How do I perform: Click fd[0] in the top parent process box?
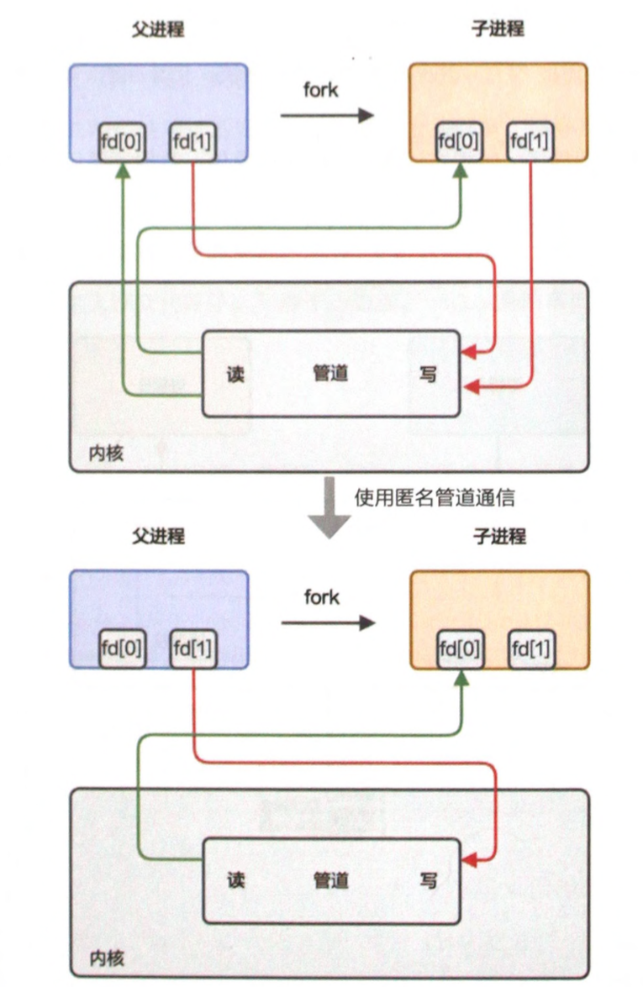click(122, 144)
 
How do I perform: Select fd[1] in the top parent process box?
click(193, 144)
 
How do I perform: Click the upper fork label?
click(321, 90)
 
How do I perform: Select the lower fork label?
click(321, 597)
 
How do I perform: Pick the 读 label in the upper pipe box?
click(235, 374)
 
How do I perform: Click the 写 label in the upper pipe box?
click(428, 374)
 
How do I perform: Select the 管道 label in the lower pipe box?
click(331, 881)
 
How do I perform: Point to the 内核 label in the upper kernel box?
click(107, 454)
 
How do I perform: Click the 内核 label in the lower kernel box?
click(107, 958)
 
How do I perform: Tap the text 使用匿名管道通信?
click(434, 498)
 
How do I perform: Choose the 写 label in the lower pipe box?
click(428, 881)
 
